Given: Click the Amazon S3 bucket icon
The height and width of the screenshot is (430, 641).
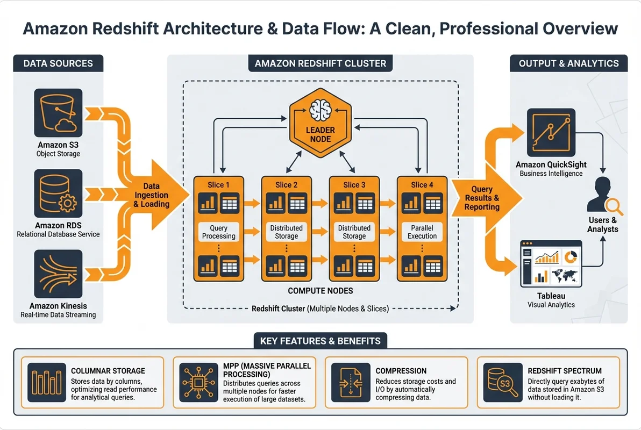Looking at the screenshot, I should click(x=58, y=112).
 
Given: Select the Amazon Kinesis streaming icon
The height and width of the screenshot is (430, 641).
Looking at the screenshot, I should click(x=58, y=274).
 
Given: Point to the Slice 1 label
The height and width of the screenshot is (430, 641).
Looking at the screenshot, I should click(x=219, y=185).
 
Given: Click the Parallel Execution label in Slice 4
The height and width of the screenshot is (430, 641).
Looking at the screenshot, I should click(x=422, y=232).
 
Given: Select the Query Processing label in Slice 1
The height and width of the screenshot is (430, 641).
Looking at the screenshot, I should click(x=219, y=232).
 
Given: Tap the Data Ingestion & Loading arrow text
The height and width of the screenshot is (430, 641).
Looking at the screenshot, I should click(x=152, y=195).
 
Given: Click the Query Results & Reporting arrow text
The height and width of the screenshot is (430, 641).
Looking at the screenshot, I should click(x=482, y=198).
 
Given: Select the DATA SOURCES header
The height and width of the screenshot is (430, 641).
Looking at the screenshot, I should click(x=58, y=63).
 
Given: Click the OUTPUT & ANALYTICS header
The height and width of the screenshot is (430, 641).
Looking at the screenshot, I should click(x=568, y=63).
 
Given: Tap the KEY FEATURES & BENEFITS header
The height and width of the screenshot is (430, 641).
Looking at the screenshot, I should click(x=320, y=341).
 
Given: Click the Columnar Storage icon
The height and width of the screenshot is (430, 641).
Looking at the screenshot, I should click(x=46, y=382).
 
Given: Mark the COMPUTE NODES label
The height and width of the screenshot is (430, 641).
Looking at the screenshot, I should click(x=320, y=291).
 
